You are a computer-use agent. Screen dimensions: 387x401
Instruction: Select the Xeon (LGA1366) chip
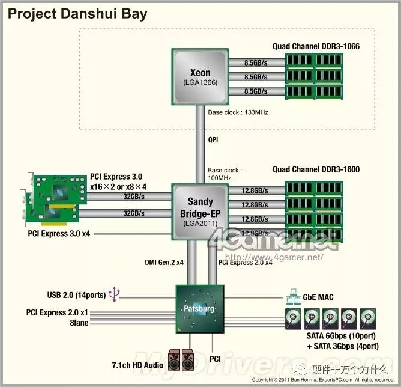pos(200,76)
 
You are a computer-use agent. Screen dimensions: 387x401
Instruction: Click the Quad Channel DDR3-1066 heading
pos(316,46)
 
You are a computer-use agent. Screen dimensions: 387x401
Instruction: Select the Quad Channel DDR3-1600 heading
pos(316,170)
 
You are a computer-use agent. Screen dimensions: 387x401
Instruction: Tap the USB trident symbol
pos(115,294)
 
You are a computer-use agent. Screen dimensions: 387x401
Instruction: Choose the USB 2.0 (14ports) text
pos(76,294)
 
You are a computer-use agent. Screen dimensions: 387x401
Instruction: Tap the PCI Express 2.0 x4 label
pos(245,262)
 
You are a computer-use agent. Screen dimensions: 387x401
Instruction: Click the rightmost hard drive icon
pos(367,318)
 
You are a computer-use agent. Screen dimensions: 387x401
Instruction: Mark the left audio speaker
pos(173,360)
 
